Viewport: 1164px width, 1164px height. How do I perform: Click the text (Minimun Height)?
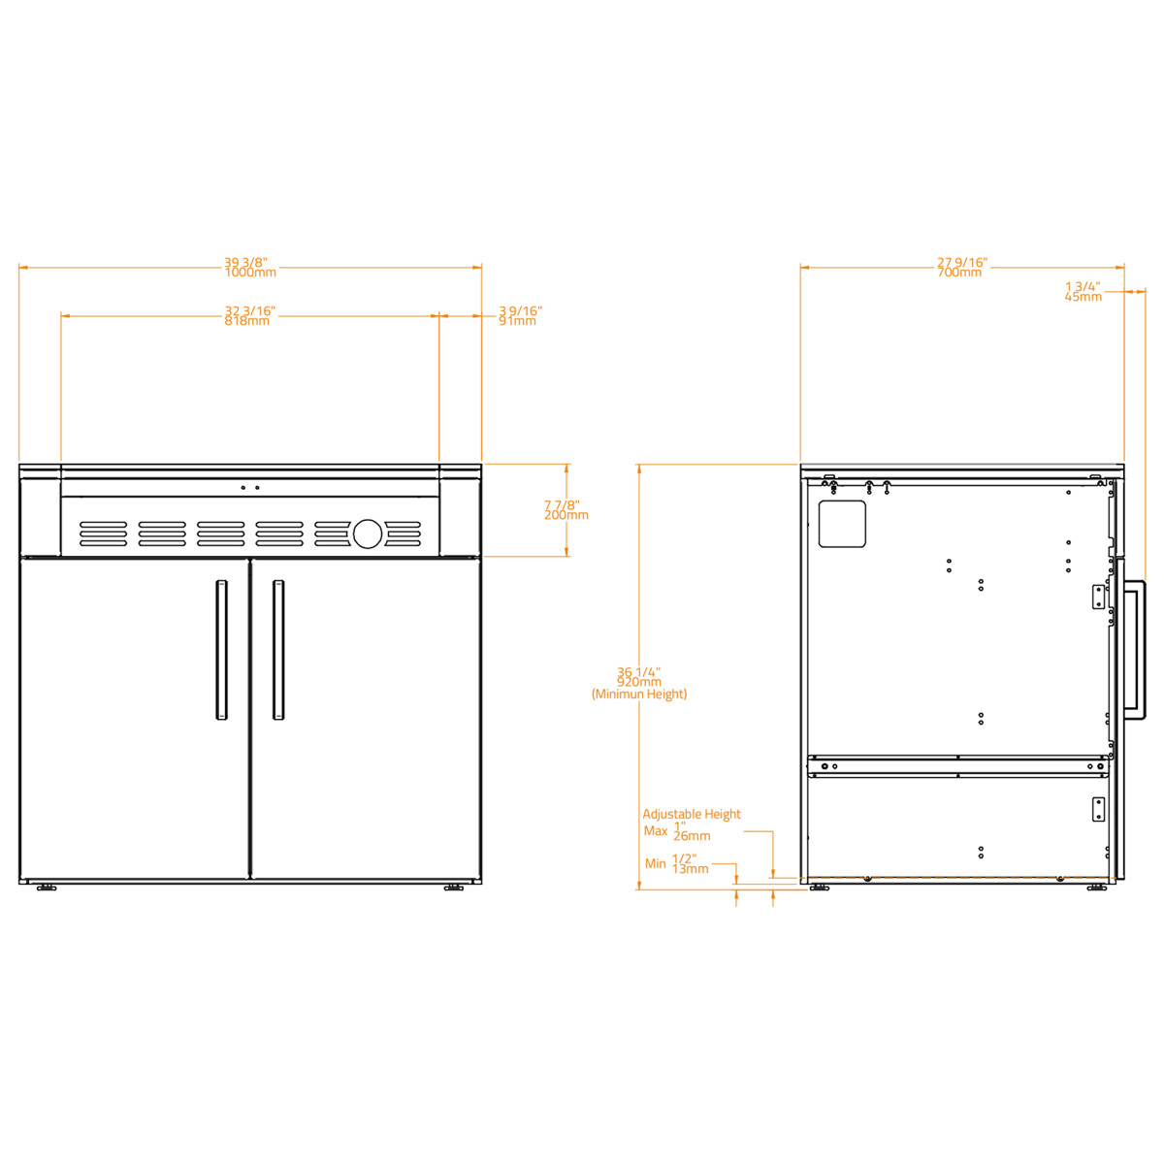[639, 695]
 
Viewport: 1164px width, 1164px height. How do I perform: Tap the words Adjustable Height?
[691, 815]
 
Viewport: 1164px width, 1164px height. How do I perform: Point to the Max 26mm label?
[678, 832]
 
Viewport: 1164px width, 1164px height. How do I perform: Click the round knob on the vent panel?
[368, 533]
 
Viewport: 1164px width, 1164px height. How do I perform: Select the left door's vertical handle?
[221, 650]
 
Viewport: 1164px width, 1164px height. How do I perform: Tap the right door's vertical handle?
[278, 650]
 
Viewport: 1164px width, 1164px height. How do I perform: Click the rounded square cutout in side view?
[842, 524]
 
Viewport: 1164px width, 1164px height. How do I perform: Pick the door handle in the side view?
[1135, 650]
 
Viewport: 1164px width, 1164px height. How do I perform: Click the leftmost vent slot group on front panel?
[103, 533]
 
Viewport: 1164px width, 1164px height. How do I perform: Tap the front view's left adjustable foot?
[46, 888]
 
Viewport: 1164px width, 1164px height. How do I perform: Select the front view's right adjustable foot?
[453, 888]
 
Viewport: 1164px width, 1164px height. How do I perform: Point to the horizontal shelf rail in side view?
[958, 766]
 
